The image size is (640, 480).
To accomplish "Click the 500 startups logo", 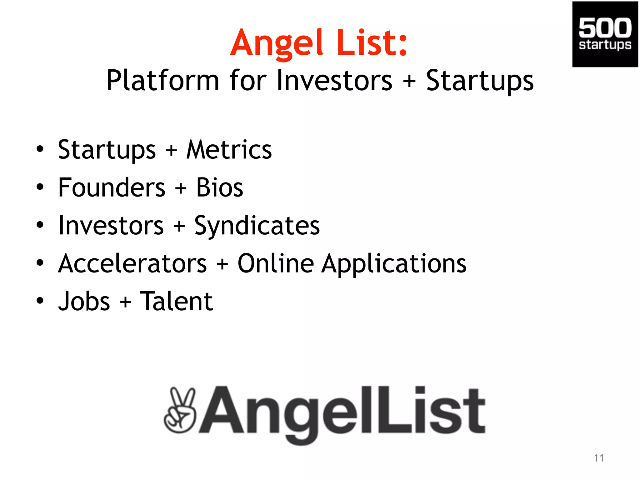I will [605, 34].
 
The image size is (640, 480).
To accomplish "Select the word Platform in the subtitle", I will [162, 81].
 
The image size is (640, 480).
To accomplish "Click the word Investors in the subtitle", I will [334, 81].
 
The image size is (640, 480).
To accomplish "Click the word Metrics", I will [229, 150].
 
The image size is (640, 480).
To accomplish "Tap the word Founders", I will [112, 187].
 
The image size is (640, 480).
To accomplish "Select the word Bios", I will [219, 187].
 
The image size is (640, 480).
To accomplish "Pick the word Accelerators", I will [132, 264].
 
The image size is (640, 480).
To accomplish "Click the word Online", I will [276, 263].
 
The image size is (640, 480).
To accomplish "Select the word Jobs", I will [84, 301].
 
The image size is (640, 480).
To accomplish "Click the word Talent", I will [176, 301].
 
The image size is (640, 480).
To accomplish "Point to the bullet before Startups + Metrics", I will [40, 149].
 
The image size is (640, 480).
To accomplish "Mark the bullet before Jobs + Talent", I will [40, 301].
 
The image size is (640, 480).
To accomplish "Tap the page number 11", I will [599, 458].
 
